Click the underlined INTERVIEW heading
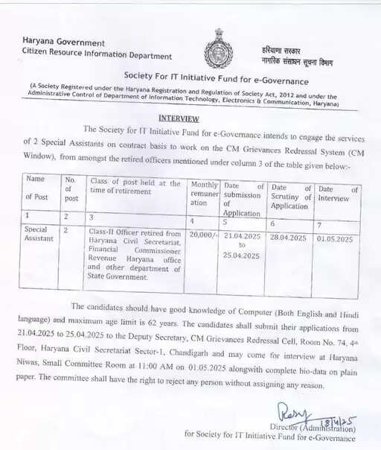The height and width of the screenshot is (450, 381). point(179,118)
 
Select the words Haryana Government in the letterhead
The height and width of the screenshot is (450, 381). point(63,43)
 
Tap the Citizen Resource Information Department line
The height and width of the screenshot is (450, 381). point(97,55)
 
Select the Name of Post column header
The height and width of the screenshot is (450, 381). point(36,188)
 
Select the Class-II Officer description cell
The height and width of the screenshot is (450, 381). point(135,254)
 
